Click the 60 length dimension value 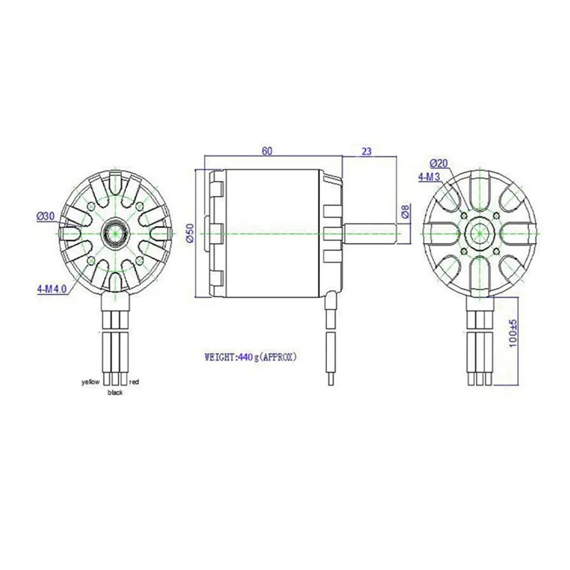tap(267, 150)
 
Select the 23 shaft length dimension tap(368, 150)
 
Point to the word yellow tap(90, 383)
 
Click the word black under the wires tap(114, 393)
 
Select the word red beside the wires tap(134, 383)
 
